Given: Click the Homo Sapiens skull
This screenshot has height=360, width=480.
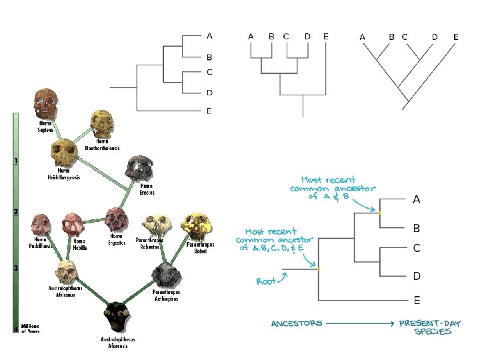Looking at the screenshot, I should coord(45,103).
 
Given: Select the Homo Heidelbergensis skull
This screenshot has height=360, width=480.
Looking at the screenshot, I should coord(63,153).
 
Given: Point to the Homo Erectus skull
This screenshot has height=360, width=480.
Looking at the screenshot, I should coord(141,169).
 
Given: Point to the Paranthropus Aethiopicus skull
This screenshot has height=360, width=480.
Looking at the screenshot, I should coord(164,274).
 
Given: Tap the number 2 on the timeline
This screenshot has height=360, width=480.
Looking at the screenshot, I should coord(15,211).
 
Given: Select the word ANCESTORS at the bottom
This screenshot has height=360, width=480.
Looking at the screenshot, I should coord(297,323).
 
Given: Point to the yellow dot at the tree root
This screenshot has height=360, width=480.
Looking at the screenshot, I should coord(319,269).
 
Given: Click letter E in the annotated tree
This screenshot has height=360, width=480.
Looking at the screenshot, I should coord(417,300).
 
